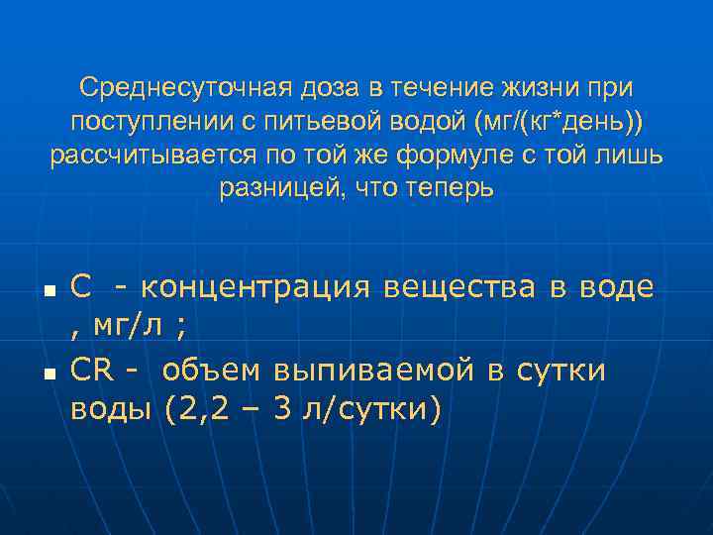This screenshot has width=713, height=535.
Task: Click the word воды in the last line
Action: [107, 407]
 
